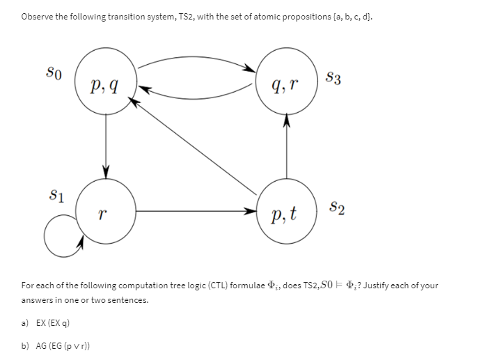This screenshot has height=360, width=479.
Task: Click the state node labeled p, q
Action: [106, 85]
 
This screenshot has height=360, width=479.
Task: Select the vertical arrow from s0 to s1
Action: [106, 146]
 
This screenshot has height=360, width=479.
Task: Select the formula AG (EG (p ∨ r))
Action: [62, 345]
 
